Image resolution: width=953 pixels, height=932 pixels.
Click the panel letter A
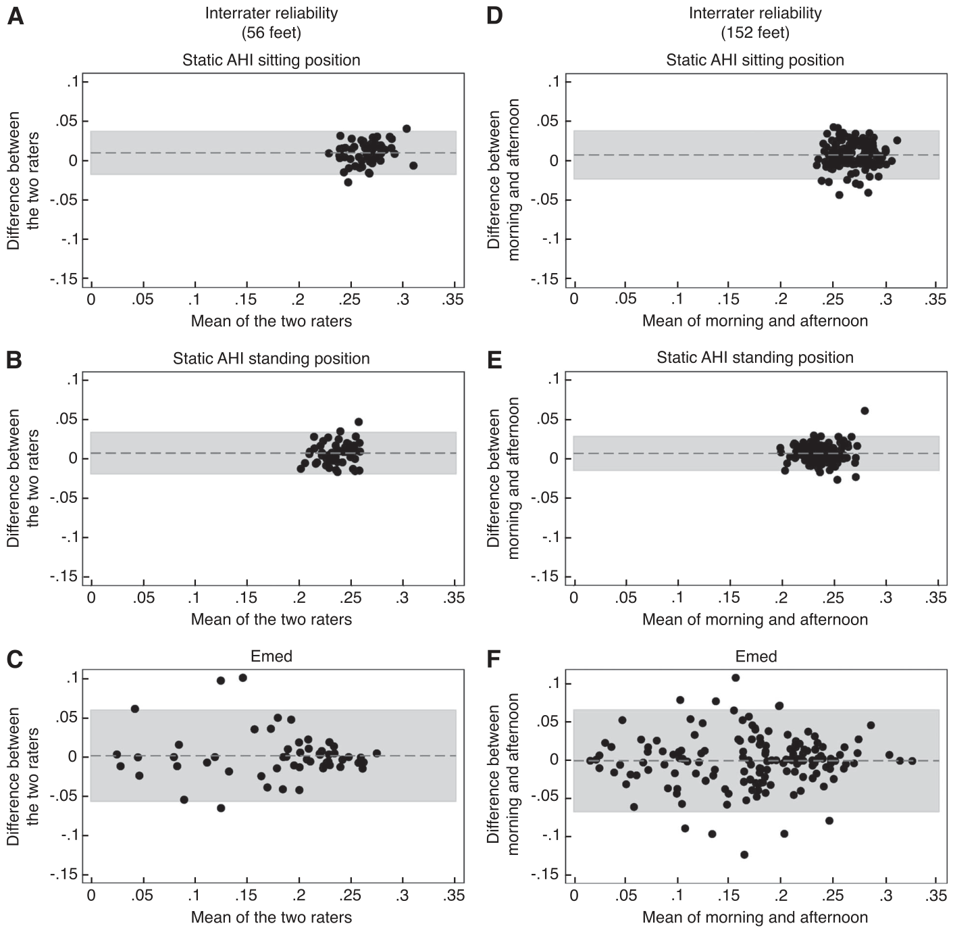(15, 17)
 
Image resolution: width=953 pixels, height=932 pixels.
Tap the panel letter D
(495, 17)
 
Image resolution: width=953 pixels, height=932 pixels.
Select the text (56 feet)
(272, 33)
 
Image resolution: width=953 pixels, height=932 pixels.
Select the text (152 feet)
(755, 33)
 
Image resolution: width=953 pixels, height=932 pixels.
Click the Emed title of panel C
(272, 656)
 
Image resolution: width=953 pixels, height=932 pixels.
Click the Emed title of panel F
(756, 656)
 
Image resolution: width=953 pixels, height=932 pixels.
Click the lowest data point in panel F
(744, 854)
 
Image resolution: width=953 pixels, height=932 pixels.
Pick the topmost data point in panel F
(736, 678)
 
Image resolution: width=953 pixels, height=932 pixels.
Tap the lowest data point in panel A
(349, 182)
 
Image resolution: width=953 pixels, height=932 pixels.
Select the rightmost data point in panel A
(413, 166)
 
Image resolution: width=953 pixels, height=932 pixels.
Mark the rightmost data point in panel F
(912, 761)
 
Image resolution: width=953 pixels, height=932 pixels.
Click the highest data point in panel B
(359, 422)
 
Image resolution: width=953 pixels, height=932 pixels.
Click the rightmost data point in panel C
(377, 753)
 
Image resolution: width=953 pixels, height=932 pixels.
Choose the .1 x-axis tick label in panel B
(195, 598)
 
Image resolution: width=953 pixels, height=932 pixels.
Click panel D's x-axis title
(755, 321)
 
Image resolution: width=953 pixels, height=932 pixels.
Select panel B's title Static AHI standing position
(272, 358)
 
